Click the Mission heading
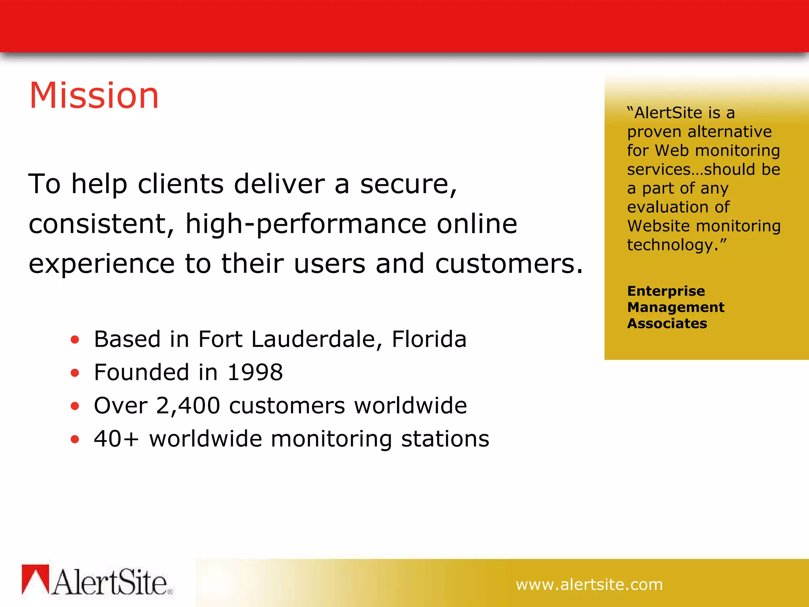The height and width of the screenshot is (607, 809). [x=94, y=95]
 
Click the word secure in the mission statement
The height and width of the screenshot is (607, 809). [x=408, y=184]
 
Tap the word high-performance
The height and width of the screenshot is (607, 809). [x=306, y=224]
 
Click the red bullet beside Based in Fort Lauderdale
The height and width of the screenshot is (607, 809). [x=75, y=339]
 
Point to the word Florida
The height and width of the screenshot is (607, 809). [x=429, y=339]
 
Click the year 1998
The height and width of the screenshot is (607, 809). [x=255, y=373]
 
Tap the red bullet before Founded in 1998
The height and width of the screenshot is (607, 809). [x=75, y=373]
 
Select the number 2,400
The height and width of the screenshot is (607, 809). [x=188, y=406]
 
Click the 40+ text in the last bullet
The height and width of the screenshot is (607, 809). [x=117, y=439]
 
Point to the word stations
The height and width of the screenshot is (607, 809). [x=445, y=439]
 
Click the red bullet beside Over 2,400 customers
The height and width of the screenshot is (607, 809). [x=75, y=406]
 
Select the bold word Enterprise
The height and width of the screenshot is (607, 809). [x=666, y=291]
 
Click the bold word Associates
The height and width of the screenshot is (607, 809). [x=667, y=324]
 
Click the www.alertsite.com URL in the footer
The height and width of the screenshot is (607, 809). [x=589, y=584]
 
